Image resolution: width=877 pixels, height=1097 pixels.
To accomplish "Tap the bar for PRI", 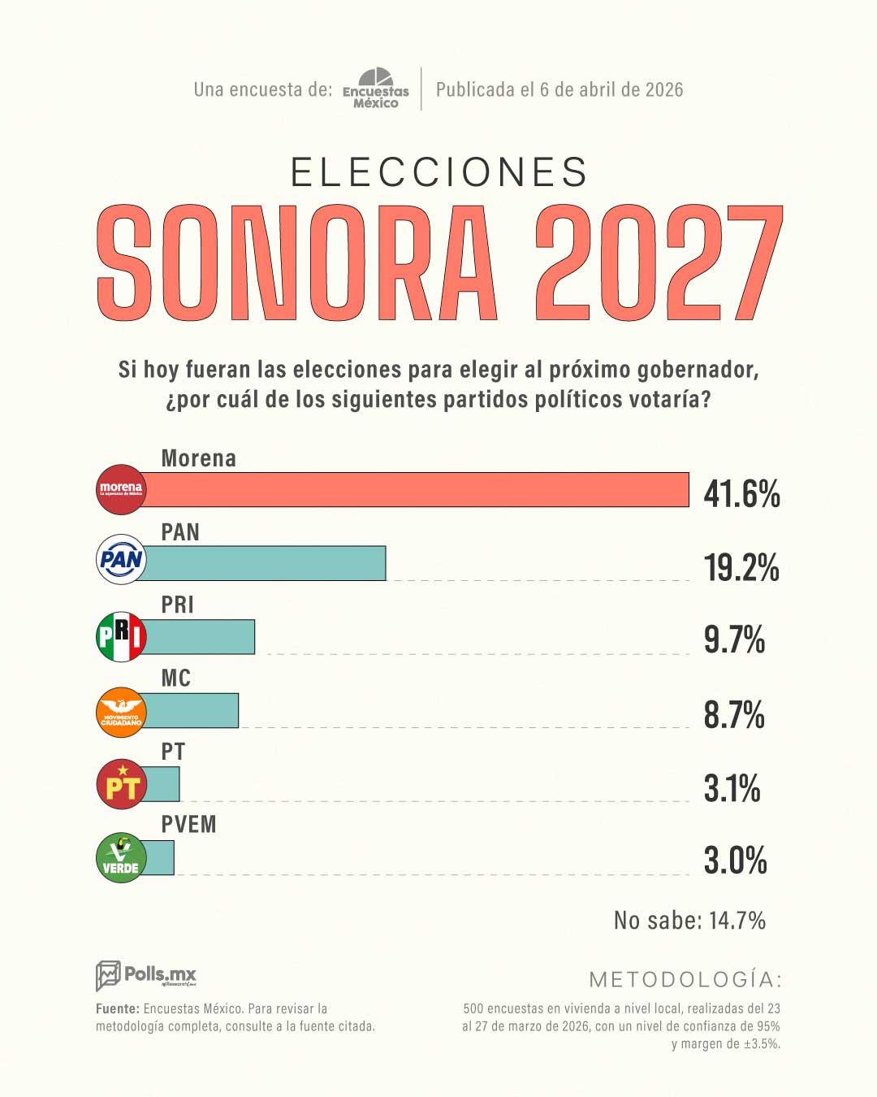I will click(200, 637).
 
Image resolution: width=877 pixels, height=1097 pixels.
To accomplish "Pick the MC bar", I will click(192, 710).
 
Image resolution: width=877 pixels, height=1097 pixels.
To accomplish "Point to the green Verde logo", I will click(121, 858).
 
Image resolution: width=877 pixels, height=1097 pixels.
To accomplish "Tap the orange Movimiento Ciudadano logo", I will click(121, 711).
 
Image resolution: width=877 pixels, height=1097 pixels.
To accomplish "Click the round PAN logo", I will click(121, 559).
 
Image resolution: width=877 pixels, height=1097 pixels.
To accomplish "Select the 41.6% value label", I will click(741, 493).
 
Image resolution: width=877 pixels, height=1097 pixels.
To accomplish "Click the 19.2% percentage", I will click(741, 567).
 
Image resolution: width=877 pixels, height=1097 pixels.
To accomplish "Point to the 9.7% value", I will click(734, 640).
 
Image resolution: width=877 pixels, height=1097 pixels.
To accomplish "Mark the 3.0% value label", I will click(735, 861).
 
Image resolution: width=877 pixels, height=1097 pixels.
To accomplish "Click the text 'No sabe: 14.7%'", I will click(689, 921).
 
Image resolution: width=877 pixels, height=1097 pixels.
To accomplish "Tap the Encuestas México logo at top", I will click(376, 89).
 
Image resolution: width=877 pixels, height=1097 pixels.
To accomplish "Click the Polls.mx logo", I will click(146, 974).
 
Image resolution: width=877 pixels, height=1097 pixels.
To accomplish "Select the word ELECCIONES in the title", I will click(439, 172).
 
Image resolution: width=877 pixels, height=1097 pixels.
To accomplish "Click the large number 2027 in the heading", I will click(659, 263).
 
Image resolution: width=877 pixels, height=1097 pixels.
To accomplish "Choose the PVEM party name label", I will click(188, 825).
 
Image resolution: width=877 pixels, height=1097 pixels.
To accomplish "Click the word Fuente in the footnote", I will click(117, 1008).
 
